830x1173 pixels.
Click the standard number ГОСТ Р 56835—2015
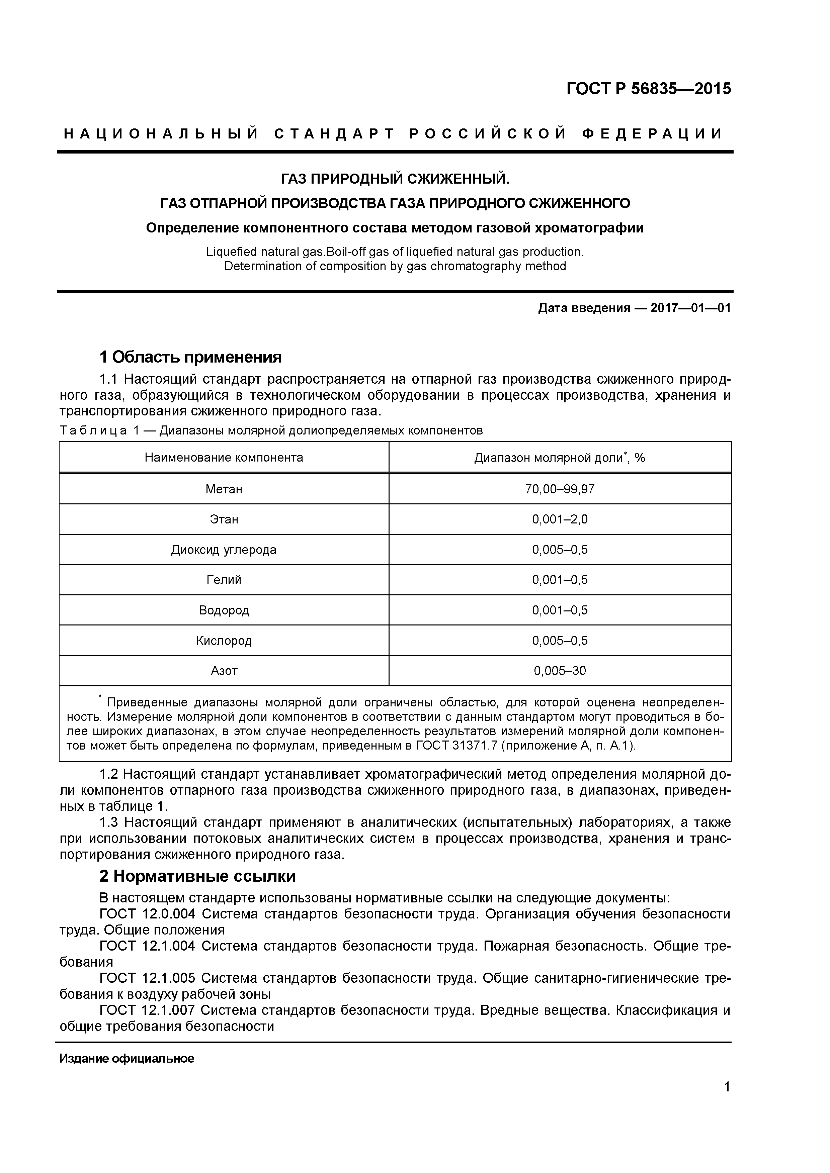(649, 89)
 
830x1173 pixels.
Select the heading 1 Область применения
(190, 357)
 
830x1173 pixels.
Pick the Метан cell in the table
(224, 489)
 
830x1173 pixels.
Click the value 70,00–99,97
(560, 489)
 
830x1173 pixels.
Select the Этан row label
(224, 519)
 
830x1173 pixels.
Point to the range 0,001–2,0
(560, 519)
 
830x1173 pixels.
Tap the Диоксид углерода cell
(224, 550)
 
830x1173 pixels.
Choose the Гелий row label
(224, 580)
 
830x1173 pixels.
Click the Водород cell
(224, 610)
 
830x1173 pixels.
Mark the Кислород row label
(224, 640)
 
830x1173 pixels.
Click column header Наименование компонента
(224, 457)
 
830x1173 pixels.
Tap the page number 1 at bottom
(727, 1101)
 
